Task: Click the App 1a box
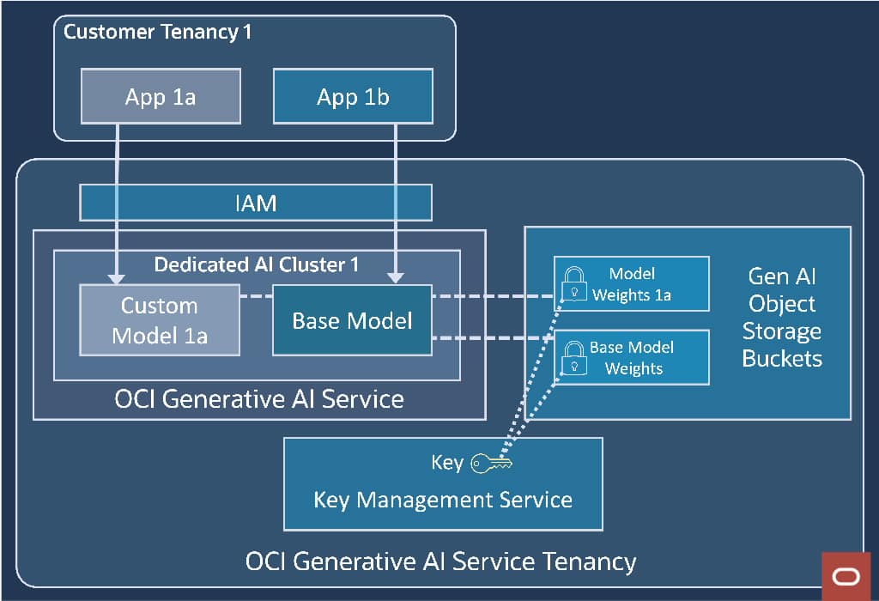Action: pos(160,96)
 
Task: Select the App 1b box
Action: pos(352,96)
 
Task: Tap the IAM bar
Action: pos(255,203)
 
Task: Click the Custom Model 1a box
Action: pos(159,320)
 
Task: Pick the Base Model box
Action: pos(352,320)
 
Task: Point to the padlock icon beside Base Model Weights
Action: pos(573,357)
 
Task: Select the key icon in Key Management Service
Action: pos(491,464)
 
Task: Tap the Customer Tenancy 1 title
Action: pos(157,33)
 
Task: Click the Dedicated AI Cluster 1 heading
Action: pos(256,264)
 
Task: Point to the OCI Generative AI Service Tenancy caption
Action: pos(440,562)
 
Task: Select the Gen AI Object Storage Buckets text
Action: pos(781,317)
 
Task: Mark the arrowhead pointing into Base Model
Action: pos(396,276)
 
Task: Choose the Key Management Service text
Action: pos(443,499)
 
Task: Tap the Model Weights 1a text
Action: pos(632,284)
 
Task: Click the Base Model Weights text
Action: pos(633,358)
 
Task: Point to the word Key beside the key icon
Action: pos(447,463)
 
